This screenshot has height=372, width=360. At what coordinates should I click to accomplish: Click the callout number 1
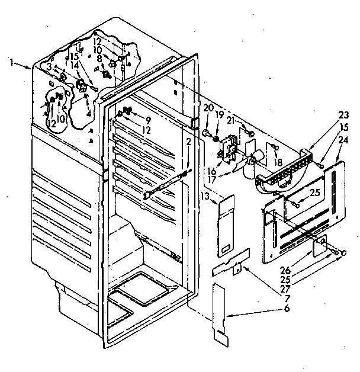click(x=11, y=62)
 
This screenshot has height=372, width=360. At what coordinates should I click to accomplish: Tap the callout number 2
click(x=188, y=142)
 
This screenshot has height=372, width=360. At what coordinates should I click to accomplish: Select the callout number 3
click(x=49, y=67)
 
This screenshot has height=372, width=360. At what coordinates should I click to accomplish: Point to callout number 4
click(x=89, y=113)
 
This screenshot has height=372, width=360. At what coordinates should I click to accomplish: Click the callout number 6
click(x=287, y=308)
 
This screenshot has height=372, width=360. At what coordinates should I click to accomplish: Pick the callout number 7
click(x=288, y=298)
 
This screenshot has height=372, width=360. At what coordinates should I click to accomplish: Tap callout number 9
click(x=148, y=120)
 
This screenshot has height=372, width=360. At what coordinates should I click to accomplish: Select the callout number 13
click(x=205, y=196)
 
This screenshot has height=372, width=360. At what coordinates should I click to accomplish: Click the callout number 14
click(x=75, y=65)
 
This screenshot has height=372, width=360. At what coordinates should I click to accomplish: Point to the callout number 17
click(x=212, y=179)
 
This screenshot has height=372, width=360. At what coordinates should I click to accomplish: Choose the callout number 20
click(x=208, y=108)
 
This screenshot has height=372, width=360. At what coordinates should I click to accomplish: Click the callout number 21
click(x=231, y=120)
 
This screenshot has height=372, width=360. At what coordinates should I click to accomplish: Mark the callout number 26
click(x=285, y=270)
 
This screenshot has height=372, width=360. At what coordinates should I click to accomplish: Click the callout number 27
click(x=285, y=288)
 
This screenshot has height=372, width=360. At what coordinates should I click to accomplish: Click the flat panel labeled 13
click(x=226, y=226)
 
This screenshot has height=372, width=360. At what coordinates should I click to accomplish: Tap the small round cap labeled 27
click(x=343, y=253)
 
